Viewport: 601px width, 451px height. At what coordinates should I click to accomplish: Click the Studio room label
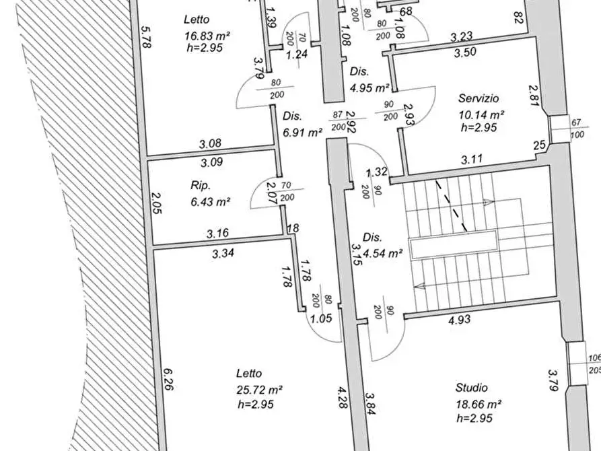tap(472, 388)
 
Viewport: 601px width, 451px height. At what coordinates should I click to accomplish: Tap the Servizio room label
tap(479, 98)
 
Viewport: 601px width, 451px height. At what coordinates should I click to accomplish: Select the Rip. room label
tap(201, 186)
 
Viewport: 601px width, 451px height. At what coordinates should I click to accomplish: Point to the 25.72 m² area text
tap(260, 390)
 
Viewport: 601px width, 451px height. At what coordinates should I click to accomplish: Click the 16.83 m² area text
tap(207, 36)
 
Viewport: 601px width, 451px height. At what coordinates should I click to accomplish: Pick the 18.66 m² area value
tap(479, 404)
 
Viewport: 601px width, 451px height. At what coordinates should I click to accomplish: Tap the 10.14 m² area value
tap(481, 114)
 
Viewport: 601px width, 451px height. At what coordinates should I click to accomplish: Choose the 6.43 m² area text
tap(211, 201)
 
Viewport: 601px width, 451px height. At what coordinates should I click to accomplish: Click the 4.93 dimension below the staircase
tap(459, 320)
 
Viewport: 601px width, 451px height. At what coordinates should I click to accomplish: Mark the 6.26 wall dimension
tap(168, 379)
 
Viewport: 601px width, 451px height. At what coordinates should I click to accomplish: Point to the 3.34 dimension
tap(223, 253)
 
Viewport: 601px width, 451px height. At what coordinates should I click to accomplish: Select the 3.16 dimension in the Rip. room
tap(217, 233)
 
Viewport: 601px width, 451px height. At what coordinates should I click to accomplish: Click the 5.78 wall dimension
tap(146, 37)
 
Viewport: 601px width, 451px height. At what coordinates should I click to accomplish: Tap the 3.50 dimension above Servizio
tap(465, 52)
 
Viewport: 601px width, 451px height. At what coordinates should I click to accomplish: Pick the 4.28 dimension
tap(343, 397)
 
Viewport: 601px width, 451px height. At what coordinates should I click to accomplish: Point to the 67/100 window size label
tap(576, 129)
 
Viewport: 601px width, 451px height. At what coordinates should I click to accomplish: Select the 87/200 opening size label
tap(338, 120)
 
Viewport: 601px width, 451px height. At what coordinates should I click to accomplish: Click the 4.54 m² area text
tap(382, 254)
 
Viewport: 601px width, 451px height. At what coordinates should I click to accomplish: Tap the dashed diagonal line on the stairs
tap(451, 206)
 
